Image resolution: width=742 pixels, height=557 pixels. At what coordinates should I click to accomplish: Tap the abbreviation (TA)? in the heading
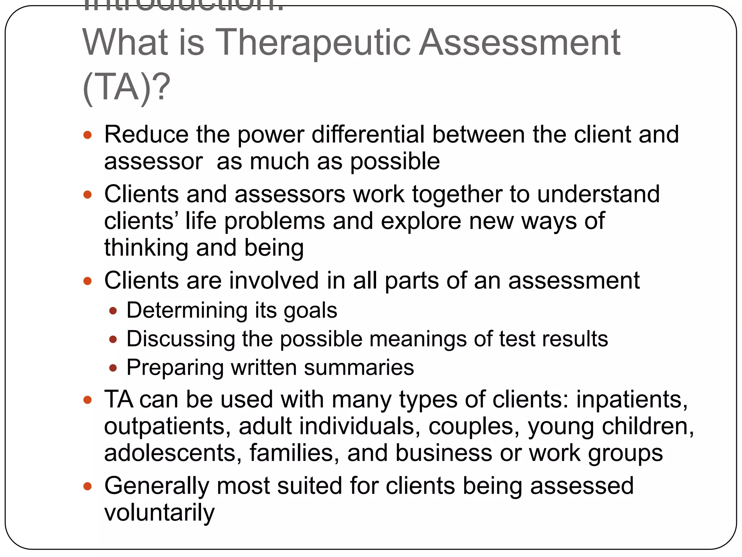(126, 87)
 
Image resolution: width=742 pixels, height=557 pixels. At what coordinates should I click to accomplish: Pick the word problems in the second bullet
(274, 221)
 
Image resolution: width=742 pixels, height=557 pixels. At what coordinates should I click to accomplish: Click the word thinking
(146, 248)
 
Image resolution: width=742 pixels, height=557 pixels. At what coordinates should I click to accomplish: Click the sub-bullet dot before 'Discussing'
(113, 339)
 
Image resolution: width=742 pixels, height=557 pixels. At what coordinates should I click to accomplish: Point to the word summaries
(359, 367)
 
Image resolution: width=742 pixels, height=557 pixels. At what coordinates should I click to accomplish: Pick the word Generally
(157, 486)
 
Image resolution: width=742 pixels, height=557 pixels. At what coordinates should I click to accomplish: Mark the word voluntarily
(159, 512)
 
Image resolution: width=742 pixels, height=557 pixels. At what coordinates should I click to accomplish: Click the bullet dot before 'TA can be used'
(87, 400)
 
